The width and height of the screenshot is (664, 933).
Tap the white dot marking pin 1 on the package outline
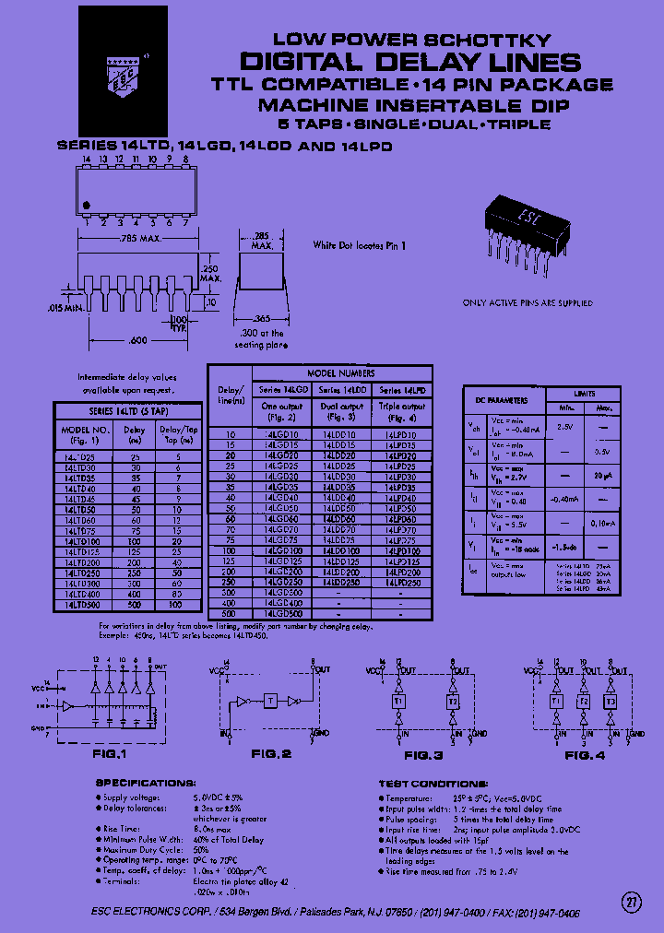[86, 204]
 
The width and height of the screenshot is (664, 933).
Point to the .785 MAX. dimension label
[140, 240]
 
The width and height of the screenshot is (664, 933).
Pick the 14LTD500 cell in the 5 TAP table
[82, 606]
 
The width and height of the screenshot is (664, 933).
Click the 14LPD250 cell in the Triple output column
[401, 583]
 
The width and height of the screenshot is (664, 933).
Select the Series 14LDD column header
[341, 390]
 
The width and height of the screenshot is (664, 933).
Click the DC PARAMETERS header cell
[502, 400]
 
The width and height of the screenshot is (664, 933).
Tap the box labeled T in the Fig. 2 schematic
[269, 701]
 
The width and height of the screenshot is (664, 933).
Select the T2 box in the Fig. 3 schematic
[453, 701]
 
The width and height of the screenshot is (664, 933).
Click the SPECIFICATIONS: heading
[146, 783]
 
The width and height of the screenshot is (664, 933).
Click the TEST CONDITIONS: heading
[433, 783]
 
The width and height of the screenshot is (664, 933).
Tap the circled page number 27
[631, 900]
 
